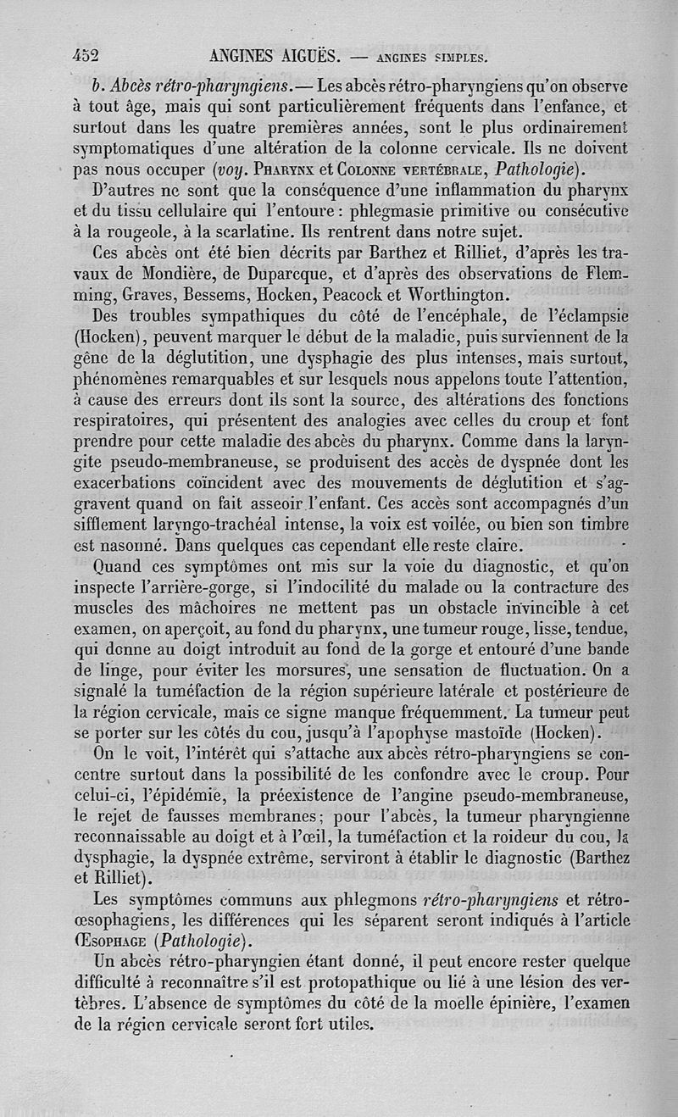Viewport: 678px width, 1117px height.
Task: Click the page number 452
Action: click(x=86, y=56)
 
